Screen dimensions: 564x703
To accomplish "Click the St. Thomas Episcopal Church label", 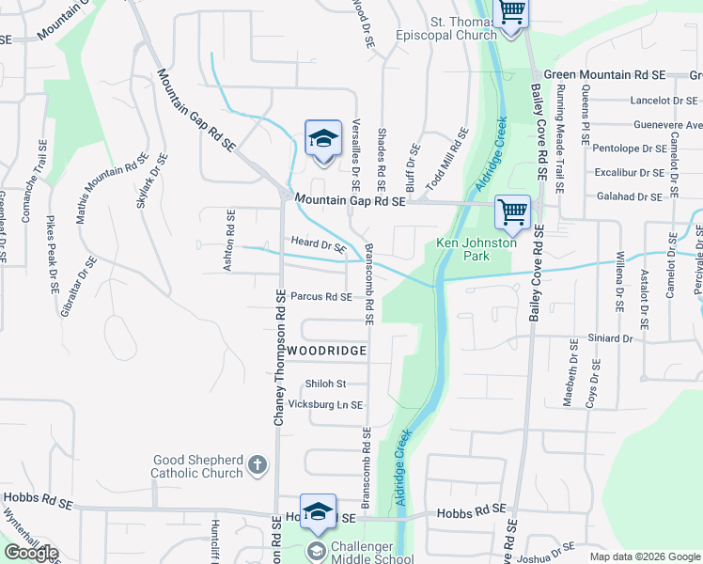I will pyautogui.click(x=462, y=28).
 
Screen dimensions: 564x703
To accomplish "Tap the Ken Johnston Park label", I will pyautogui.click(x=476, y=249).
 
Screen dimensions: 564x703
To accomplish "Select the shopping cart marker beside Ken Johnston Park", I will pyautogui.click(x=512, y=211).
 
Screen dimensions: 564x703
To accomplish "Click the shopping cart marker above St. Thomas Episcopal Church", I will pyautogui.click(x=511, y=12).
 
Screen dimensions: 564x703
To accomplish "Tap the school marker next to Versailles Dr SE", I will pyautogui.click(x=322, y=138).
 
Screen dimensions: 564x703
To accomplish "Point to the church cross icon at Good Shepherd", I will pyautogui.click(x=257, y=464).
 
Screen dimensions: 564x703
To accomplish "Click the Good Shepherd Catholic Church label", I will pyautogui.click(x=196, y=466).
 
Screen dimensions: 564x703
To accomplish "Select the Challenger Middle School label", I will pyautogui.click(x=371, y=554).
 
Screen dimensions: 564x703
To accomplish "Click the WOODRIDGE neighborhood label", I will pyautogui.click(x=326, y=351).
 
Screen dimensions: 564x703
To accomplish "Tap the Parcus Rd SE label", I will pyautogui.click(x=320, y=297).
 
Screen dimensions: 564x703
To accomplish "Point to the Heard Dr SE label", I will pyautogui.click(x=320, y=245).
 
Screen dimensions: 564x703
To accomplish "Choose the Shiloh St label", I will pyautogui.click(x=326, y=384).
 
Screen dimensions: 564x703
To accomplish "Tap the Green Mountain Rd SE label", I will pyautogui.click(x=604, y=74).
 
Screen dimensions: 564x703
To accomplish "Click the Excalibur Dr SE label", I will pyautogui.click(x=628, y=172).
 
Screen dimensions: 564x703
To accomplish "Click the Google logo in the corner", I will pyautogui.click(x=31, y=553).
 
